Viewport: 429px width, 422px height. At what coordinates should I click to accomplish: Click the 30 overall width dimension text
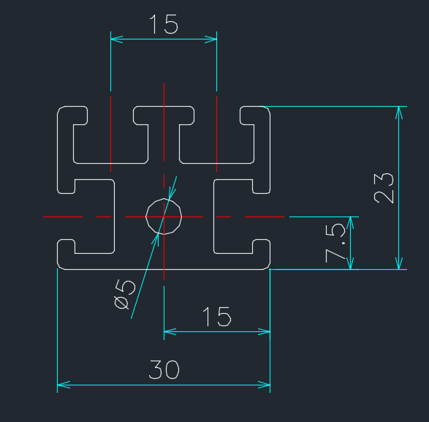pyautogui.click(x=164, y=369)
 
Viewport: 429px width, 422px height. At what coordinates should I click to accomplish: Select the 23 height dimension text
pyautogui.click(x=384, y=188)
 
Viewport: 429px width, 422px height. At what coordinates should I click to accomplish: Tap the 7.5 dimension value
pyautogui.click(x=335, y=243)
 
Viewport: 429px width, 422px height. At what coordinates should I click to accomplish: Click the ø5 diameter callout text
pyautogui.click(x=125, y=294)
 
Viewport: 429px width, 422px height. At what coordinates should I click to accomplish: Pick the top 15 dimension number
pyautogui.click(x=164, y=24)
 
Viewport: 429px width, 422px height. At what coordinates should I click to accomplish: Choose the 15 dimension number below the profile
pyautogui.click(x=216, y=317)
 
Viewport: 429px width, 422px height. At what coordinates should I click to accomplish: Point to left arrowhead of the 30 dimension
pyautogui.click(x=64, y=385)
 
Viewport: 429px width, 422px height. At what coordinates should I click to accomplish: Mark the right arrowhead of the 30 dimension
pyautogui.click(x=264, y=385)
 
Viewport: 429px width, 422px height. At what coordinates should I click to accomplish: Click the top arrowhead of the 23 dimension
pyautogui.click(x=399, y=113)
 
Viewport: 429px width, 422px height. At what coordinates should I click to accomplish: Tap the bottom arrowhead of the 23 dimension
pyautogui.click(x=399, y=263)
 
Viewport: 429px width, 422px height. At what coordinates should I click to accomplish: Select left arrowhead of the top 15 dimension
pyautogui.click(x=117, y=39)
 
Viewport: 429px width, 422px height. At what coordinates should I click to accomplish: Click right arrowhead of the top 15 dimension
pyautogui.click(x=210, y=39)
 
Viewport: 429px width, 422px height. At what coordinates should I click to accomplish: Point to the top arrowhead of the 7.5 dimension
pyautogui.click(x=351, y=223)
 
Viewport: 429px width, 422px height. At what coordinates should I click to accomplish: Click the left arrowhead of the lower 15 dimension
pyautogui.click(x=170, y=331)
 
